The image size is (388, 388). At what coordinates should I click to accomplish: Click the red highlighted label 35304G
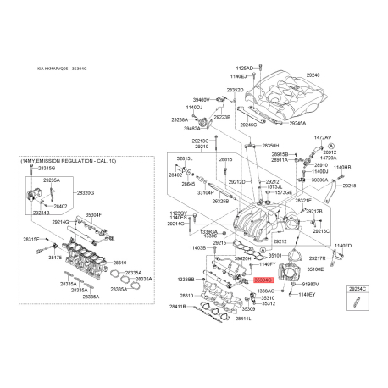tap(264, 277)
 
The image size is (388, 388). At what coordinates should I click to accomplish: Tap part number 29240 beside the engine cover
tap(313, 75)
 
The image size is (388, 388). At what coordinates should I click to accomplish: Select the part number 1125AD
tap(243, 67)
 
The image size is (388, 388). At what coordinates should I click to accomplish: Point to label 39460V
tap(199, 99)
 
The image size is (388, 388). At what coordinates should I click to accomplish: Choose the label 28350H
tap(271, 146)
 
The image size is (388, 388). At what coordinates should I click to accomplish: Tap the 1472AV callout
tap(323, 136)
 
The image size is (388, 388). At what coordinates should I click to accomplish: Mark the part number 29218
tap(349, 185)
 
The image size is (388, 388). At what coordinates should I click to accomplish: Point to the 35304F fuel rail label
tap(92, 215)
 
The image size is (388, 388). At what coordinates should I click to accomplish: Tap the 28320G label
tap(86, 192)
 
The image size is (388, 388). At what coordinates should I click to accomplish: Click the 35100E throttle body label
tap(315, 269)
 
